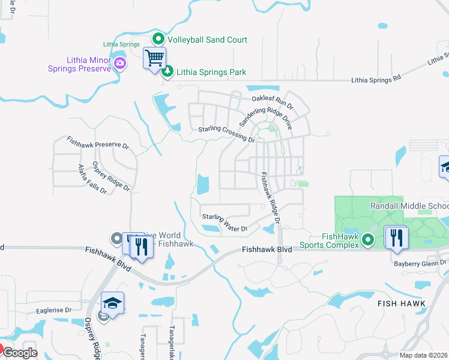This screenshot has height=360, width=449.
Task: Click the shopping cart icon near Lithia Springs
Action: point(154,59)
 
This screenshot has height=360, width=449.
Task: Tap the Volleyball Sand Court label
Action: point(207,40)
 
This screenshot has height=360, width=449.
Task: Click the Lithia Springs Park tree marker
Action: point(169,71)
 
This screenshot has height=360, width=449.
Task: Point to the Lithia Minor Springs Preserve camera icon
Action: point(120,64)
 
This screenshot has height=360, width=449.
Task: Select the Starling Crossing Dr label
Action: point(227,134)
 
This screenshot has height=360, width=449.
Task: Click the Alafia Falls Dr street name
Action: point(92,179)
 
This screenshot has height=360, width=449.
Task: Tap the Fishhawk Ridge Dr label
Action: point(269,198)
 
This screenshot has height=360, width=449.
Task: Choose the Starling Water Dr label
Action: point(224,223)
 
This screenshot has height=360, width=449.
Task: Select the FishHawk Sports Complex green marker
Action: point(370,241)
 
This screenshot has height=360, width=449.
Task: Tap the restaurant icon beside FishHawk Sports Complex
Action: point(397,236)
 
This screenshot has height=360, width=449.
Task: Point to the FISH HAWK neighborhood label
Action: point(402,304)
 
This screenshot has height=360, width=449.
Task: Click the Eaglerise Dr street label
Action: point(53,310)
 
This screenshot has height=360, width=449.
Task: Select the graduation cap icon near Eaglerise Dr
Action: point(113,303)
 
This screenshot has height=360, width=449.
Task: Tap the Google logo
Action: point(19,353)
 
